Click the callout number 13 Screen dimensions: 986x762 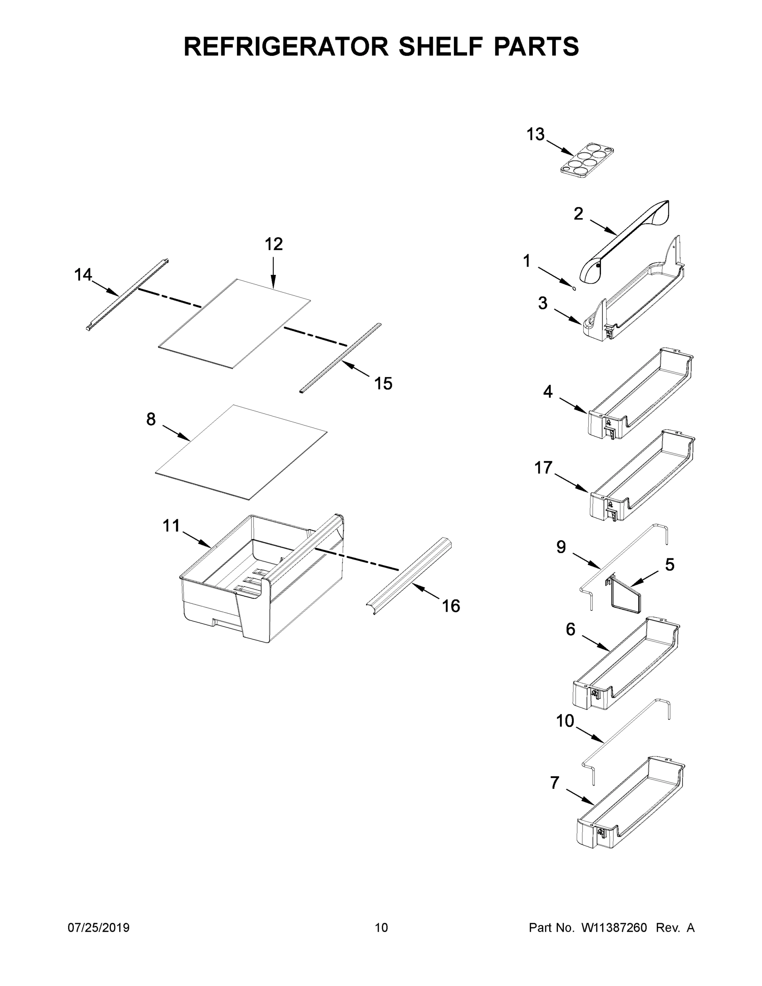(x=535, y=134)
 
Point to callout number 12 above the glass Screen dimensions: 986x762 (x=274, y=244)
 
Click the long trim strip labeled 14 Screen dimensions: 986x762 (x=127, y=295)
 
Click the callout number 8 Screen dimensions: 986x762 (x=151, y=419)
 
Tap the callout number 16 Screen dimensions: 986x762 (x=451, y=606)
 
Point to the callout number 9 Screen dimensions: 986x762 (x=561, y=548)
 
